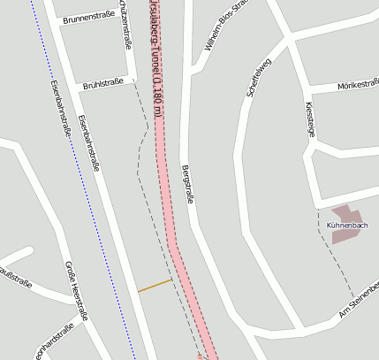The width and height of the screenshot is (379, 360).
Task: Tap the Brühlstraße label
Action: (x=102, y=85)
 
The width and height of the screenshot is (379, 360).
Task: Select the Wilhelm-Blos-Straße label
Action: (x=227, y=25)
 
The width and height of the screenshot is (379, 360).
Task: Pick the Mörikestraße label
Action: (x=358, y=85)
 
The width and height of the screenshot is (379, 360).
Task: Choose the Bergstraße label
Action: (x=186, y=184)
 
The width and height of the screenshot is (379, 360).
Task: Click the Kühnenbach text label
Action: (x=346, y=226)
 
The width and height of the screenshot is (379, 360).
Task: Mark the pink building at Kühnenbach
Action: (x=345, y=214)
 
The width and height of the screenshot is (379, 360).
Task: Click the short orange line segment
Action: (x=155, y=285)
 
